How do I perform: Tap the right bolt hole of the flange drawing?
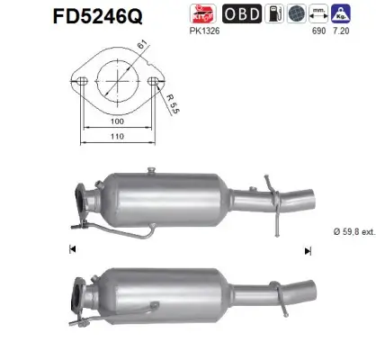point(156,82)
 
